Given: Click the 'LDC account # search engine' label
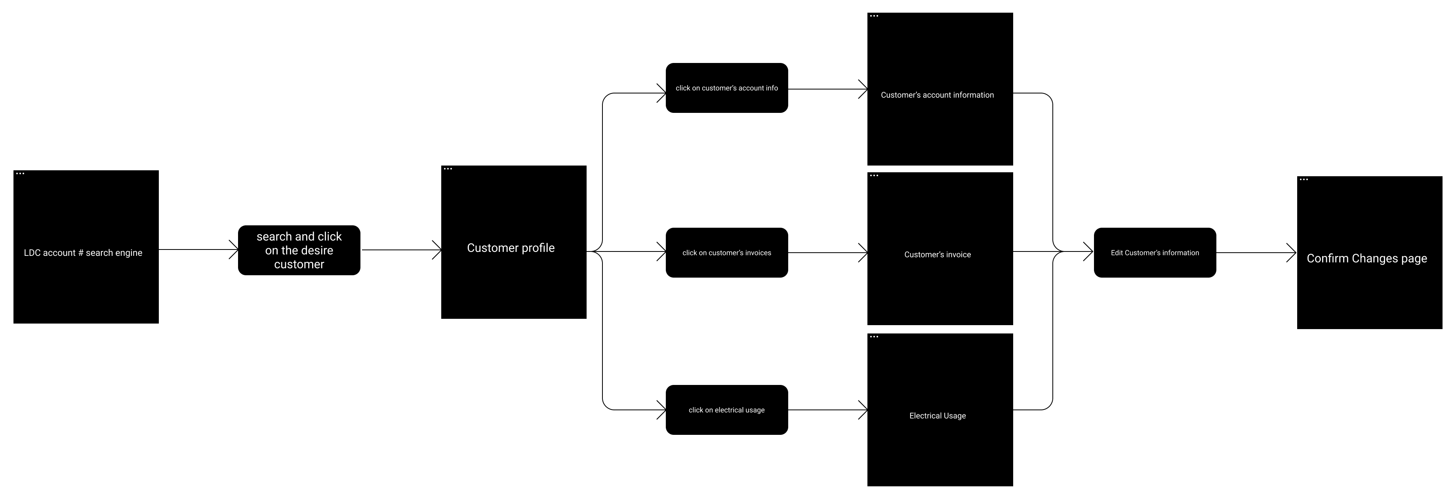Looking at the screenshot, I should coord(83,253).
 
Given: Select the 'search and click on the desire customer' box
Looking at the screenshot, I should coord(299,250).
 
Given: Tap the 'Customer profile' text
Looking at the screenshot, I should coord(511,248).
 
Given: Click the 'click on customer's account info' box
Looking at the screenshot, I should coord(726,88).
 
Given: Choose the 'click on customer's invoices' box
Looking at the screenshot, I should coord(726,253).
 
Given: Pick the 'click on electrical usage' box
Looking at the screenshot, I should coord(726,410).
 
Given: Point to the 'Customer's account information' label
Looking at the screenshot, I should coord(937,95).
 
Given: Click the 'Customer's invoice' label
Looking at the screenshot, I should coord(937,254).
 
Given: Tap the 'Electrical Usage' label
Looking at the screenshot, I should coord(937,415).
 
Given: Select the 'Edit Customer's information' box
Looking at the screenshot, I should coord(1154,253).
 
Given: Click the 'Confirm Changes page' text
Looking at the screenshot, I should coord(1367,258).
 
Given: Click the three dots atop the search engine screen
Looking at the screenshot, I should coord(20,173).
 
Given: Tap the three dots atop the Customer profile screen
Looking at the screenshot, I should coord(448,168).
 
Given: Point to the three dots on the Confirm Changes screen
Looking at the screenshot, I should coord(1304,180).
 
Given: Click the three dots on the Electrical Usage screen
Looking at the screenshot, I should coord(874,336).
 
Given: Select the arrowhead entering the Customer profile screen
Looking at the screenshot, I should coord(438,250).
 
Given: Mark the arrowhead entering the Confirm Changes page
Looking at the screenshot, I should coord(1292,253).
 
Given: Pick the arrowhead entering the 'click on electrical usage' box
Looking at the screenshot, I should coord(662,410).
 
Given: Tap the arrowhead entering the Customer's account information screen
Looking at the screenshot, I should coord(863,89).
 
